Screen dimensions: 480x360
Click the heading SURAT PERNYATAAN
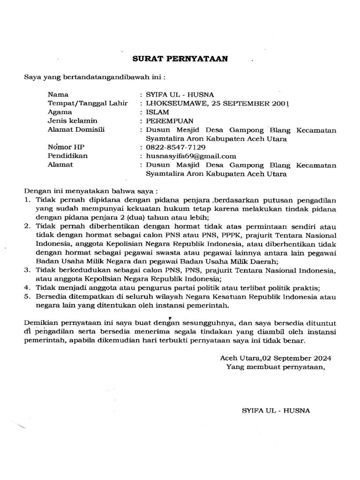click(x=180, y=59)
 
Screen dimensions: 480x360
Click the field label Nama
click(x=58, y=95)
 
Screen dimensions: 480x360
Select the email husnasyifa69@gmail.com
click(x=191, y=156)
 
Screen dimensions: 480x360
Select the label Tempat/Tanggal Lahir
click(x=88, y=103)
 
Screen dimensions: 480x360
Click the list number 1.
click(x=27, y=200)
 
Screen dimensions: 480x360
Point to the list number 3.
click(x=27, y=270)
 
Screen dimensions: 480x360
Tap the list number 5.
click(x=27, y=297)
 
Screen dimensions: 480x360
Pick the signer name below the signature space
click(x=276, y=410)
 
